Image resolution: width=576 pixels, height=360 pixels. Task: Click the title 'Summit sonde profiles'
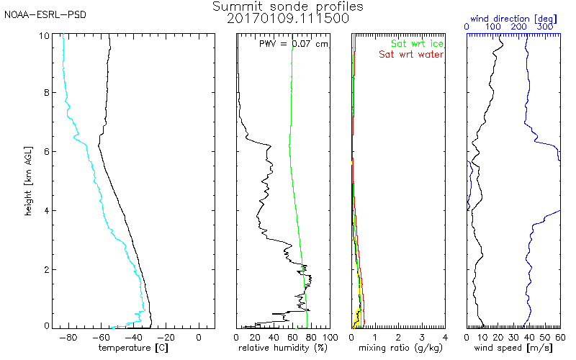[x=288, y=6]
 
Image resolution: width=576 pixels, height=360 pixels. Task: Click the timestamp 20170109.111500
[x=288, y=19]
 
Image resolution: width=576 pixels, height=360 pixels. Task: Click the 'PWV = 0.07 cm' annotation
[x=294, y=44]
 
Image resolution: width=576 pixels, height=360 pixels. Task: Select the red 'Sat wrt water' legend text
[x=411, y=55]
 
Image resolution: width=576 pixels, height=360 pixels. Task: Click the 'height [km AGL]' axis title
[x=27, y=181]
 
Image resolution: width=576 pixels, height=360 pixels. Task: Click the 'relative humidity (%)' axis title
[x=284, y=348]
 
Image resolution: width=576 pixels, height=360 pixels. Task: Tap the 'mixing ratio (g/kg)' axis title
[x=398, y=348]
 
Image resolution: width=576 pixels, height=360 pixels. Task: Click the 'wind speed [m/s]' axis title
[x=513, y=348]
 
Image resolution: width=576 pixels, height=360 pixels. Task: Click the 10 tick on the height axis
[x=44, y=35]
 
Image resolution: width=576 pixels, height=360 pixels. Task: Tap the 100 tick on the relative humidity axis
[x=330, y=337]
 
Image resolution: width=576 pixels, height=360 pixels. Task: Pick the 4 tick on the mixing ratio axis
[x=445, y=337]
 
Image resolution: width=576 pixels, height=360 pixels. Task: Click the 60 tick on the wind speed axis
[x=560, y=337]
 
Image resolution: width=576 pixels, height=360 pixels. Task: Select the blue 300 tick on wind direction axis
[x=546, y=27]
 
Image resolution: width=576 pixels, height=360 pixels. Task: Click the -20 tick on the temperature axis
[x=166, y=337]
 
